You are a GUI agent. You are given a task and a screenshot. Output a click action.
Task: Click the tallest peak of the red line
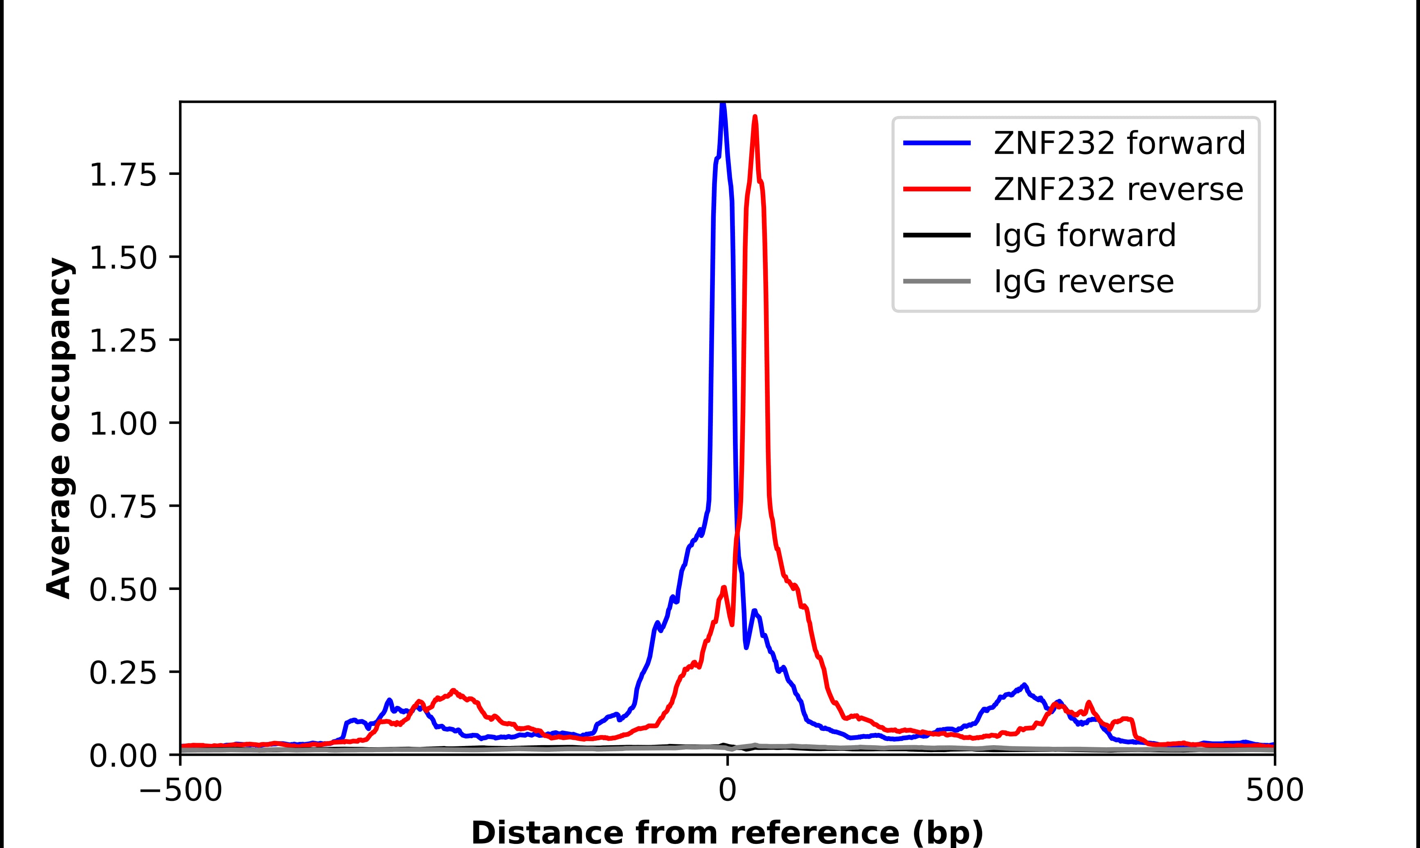[x=755, y=118]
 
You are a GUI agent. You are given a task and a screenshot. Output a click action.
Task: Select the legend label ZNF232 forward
[x=1119, y=143]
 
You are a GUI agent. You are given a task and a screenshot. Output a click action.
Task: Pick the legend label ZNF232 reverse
[x=1118, y=189]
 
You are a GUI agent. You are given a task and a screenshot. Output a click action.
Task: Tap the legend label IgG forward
[x=1085, y=236]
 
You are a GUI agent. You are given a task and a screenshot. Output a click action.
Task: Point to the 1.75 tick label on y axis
[x=123, y=175]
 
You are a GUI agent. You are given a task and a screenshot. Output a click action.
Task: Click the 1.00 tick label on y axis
[x=123, y=424]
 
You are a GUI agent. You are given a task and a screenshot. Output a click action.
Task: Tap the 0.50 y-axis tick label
[x=123, y=590]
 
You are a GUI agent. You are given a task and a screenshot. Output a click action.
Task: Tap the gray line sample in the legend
[x=936, y=281]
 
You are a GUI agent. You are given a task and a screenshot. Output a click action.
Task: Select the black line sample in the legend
[x=936, y=235]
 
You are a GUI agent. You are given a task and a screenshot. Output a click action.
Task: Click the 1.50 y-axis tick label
[x=123, y=258]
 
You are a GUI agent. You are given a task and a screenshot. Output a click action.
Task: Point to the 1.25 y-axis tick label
[x=123, y=341]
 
